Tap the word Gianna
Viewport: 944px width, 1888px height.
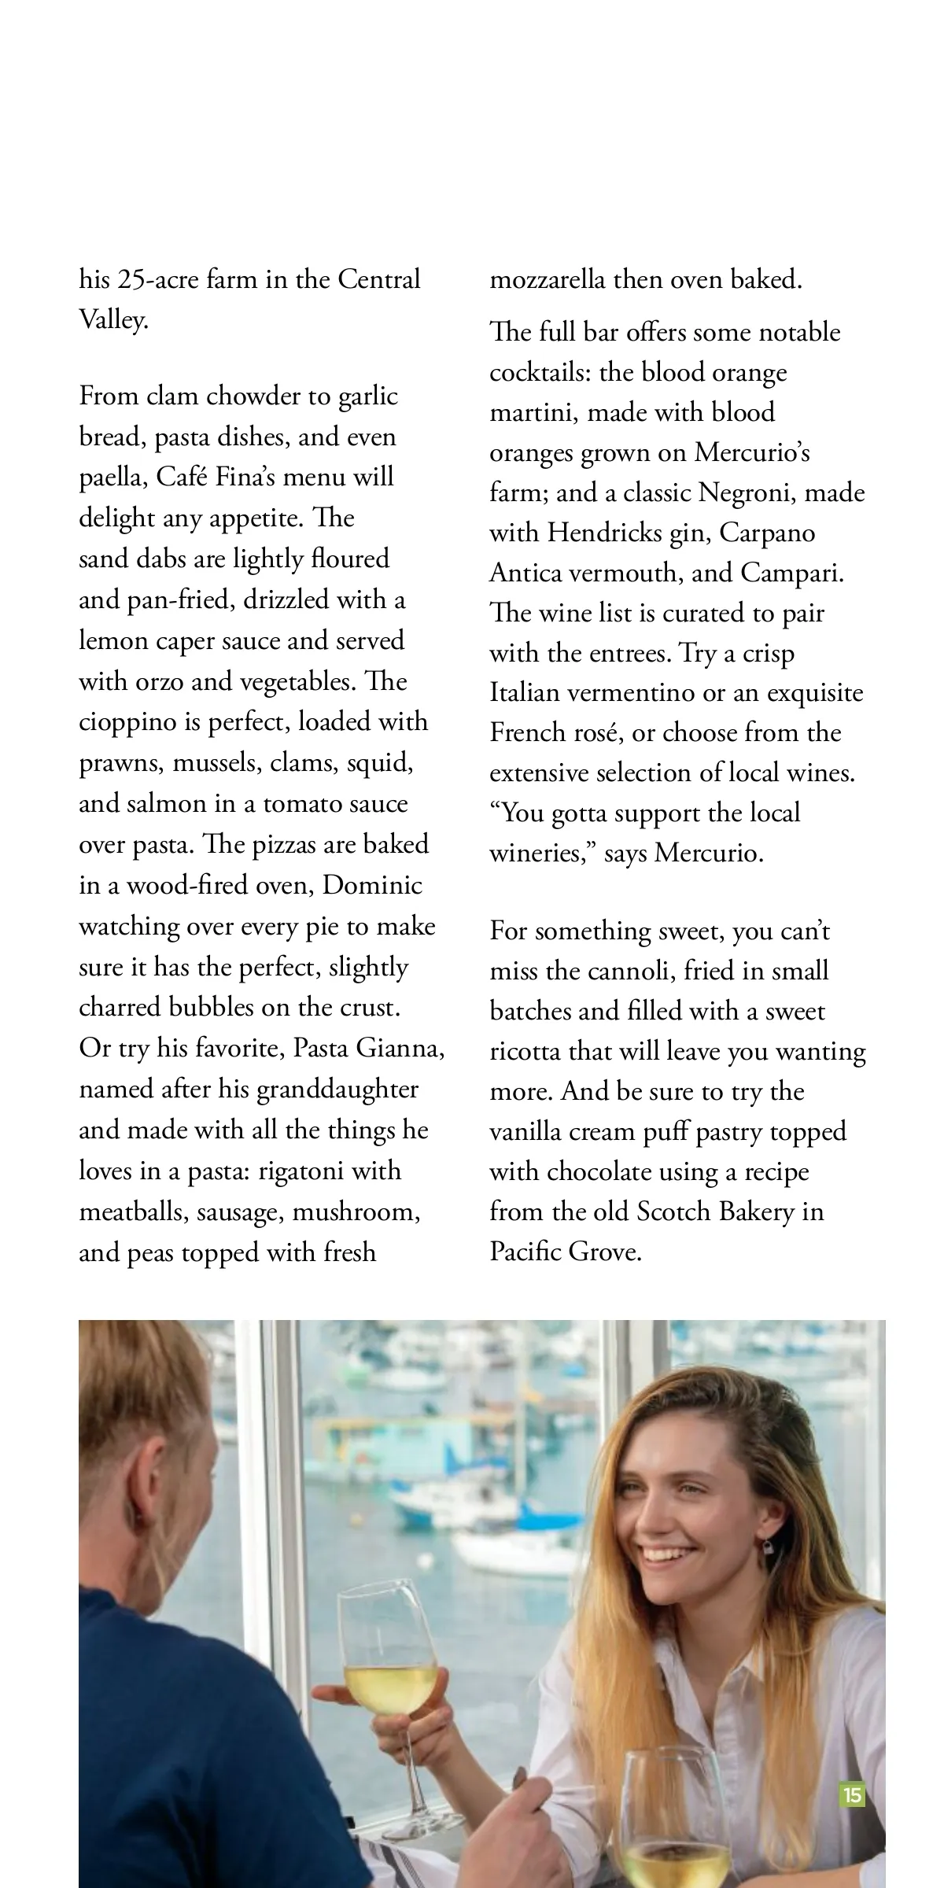pos(400,1049)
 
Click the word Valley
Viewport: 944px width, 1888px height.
pos(112,321)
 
